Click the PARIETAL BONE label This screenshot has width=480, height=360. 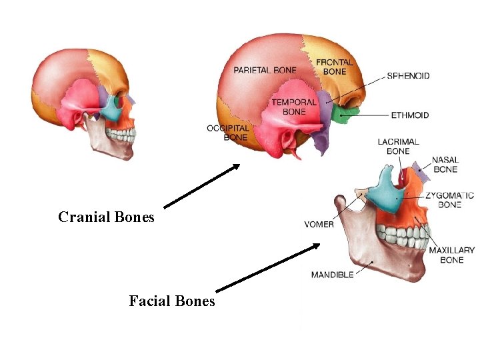pyautogui.click(x=265, y=70)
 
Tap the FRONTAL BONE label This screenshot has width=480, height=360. pyautogui.click(x=335, y=67)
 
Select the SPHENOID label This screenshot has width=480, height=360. pyautogui.click(x=408, y=76)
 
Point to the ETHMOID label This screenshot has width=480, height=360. pyautogui.click(x=410, y=115)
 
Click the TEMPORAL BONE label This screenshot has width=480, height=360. pyautogui.click(x=294, y=107)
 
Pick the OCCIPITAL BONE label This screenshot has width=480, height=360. pyautogui.click(x=227, y=133)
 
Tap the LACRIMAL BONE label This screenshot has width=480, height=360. pyautogui.click(x=398, y=147)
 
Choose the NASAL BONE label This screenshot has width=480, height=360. pyautogui.click(x=445, y=165)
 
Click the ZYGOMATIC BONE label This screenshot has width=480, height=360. pyautogui.click(x=450, y=200)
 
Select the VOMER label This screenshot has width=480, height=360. pyautogui.click(x=319, y=225)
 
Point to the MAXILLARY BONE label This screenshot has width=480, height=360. pyautogui.click(x=451, y=255)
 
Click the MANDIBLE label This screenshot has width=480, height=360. pyautogui.click(x=332, y=275)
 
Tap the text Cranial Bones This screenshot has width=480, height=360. pyautogui.click(x=106, y=217)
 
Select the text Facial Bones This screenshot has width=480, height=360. pyautogui.click(x=172, y=301)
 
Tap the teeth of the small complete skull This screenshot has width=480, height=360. pyautogui.click(x=121, y=136)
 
